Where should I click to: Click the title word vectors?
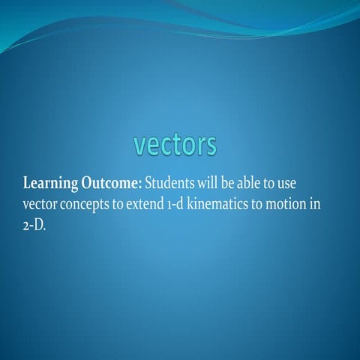175,145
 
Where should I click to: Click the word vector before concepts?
41,205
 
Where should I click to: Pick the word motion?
298,205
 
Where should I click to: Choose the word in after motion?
327,205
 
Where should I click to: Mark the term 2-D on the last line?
34,226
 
